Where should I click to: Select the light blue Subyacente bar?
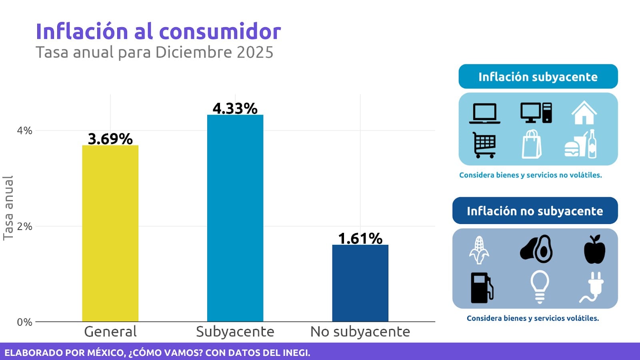click(x=235, y=218)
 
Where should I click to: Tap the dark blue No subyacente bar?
click(x=360, y=283)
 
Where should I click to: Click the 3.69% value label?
click(x=110, y=139)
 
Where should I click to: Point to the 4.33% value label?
click(x=235, y=108)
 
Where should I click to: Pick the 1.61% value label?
click(x=360, y=238)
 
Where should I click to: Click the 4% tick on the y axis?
click(x=24, y=130)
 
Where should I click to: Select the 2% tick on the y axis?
click(x=24, y=226)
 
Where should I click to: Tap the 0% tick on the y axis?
click(x=24, y=322)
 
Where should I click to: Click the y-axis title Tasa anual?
click(x=8, y=208)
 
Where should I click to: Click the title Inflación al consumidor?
click(x=158, y=31)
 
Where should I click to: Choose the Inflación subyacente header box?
click(x=538, y=76)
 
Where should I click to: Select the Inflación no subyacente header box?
click(x=535, y=210)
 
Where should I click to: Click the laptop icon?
click(x=484, y=113)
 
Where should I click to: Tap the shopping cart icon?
click(x=484, y=145)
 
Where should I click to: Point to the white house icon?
click(x=584, y=113)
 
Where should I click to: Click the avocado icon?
click(x=537, y=249)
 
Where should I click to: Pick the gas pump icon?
click(x=482, y=288)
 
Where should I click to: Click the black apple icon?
click(x=594, y=250)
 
